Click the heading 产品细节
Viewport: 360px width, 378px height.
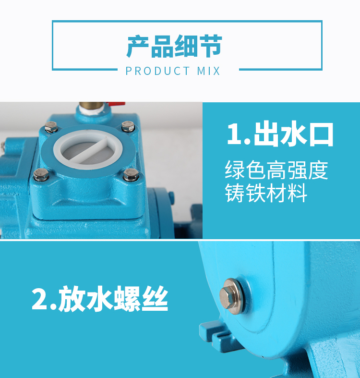click(174, 46)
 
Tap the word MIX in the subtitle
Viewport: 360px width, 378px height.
click(208, 71)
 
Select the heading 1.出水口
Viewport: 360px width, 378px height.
click(280, 134)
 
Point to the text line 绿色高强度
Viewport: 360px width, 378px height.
click(276, 170)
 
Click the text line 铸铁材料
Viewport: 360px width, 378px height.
click(266, 193)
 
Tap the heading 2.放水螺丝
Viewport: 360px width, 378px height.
click(100, 298)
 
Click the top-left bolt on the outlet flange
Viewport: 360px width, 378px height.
click(51, 127)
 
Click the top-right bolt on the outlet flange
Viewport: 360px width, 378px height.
click(128, 126)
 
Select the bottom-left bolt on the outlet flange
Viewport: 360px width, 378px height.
click(41, 174)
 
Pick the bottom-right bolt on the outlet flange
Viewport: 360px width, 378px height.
click(131, 174)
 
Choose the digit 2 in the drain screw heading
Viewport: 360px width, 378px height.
click(40, 299)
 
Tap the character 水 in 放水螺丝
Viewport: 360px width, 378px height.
click(99, 298)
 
